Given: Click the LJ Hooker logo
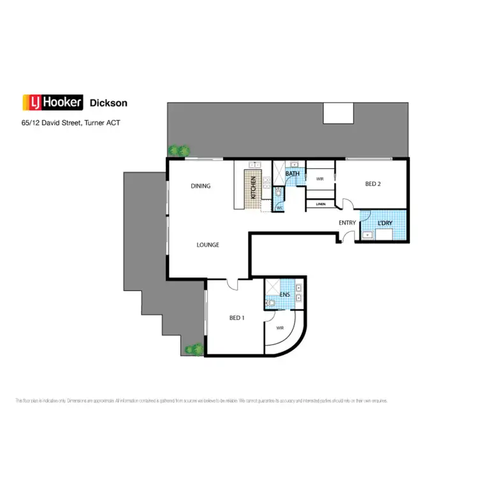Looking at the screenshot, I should [52, 102].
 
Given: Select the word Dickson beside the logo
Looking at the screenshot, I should [108, 102].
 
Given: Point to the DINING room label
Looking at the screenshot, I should [201, 186].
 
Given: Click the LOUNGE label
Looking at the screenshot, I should [208, 245].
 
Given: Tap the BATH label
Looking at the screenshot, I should [293, 173].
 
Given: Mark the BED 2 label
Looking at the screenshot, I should [373, 184].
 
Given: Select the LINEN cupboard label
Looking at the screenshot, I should [321, 204].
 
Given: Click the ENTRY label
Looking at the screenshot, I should [347, 222].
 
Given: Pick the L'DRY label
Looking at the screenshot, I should [384, 223].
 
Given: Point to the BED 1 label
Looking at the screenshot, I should [236, 317].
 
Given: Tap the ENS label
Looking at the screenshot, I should [284, 294].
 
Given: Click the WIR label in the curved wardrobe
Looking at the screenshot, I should [280, 328].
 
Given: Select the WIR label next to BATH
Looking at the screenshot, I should [320, 179].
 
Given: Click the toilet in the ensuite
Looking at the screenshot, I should [271, 304].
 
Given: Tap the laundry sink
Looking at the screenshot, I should [369, 235].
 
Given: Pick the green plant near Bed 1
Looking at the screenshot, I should [194, 349].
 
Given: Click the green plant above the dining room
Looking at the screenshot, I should [180, 151].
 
